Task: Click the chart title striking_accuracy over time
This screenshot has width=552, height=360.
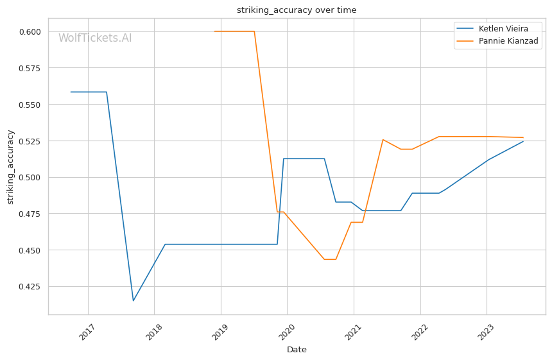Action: [297, 10]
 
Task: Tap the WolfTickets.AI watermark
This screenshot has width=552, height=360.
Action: [95, 39]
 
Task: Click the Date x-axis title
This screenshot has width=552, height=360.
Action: [297, 350]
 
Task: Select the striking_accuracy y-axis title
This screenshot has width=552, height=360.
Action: [10, 167]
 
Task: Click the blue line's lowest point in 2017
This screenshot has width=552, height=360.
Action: [134, 300]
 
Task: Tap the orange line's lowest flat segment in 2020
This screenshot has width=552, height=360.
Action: [330, 259]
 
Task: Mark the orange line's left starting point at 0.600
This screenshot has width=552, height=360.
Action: [214, 31]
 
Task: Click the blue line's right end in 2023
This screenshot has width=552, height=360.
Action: [523, 141]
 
